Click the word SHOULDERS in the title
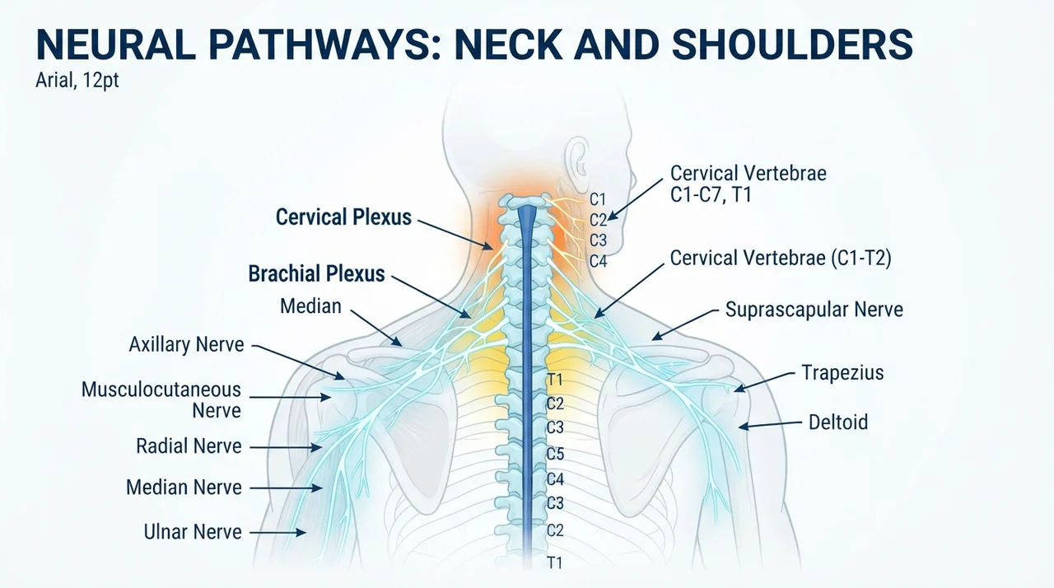point(792,44)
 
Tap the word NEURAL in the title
point(116,44)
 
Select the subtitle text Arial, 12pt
point(77,81)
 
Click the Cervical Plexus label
point(343,217)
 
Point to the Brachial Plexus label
point(316,273)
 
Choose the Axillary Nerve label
point(186,344)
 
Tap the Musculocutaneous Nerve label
point(161,400)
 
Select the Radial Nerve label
point(189,446)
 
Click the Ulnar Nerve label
point(193,532)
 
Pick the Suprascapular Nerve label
point(814,310)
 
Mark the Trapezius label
point(842,372)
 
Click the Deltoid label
point(838,422)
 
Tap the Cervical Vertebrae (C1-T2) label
point(781,259)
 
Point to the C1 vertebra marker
point(598,199)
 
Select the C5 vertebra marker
point(555,454)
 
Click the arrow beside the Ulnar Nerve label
point(277,533)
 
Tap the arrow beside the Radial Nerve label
point(286,447)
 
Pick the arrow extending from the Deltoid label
point(770,425)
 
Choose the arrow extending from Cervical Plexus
point(455,234)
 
